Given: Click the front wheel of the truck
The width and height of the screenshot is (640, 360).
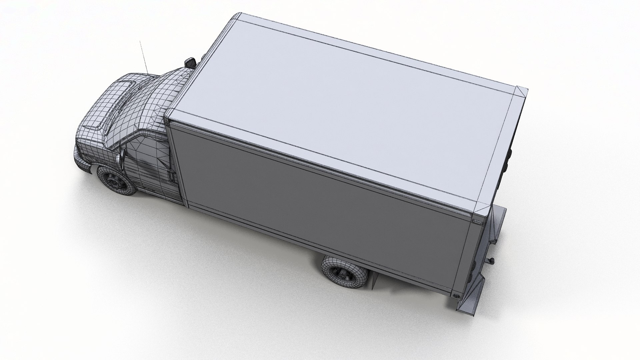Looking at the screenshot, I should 116,180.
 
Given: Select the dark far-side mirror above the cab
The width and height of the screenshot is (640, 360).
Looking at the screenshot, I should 190,62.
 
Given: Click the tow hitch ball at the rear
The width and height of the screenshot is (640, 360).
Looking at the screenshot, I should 492,260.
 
